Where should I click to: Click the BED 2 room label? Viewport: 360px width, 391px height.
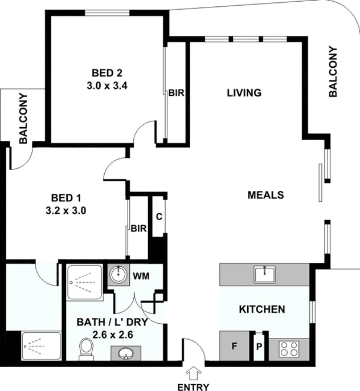tap(108, 73)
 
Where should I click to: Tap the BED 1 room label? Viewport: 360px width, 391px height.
tap(66, 198)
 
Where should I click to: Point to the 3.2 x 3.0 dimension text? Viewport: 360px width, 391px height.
tap(66, 209)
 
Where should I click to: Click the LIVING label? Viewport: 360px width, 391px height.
tap(244, 93)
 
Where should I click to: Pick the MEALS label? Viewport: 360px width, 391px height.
tap(265, 195)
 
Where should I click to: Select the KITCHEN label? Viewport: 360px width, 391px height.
tap(261, 309)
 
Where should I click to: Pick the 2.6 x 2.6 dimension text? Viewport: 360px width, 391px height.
tap(113, 335)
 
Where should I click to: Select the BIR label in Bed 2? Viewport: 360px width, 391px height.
tap(175, 93)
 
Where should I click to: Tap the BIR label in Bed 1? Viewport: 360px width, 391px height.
tap(139, 229)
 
